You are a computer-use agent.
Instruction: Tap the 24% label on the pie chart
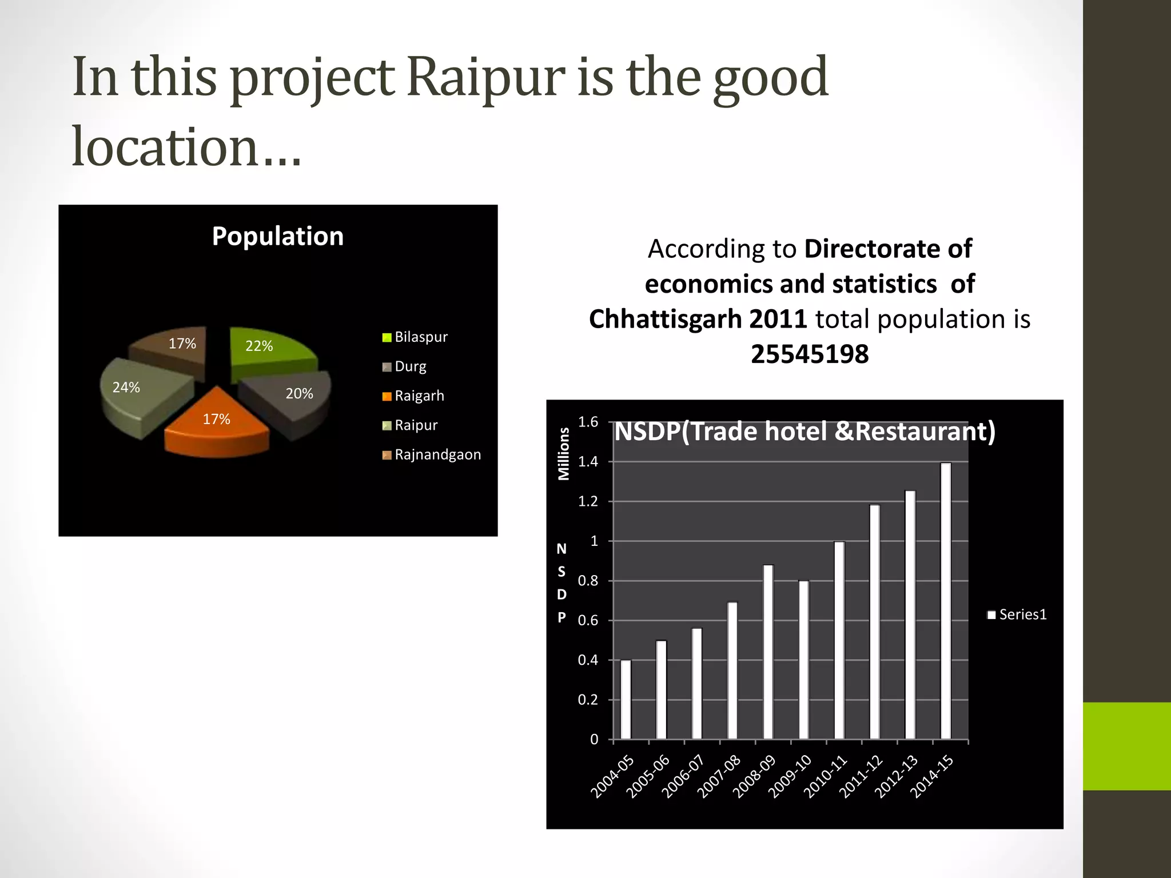click(x=126, y=388)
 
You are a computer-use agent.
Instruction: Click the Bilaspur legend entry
click(x=415, y=337)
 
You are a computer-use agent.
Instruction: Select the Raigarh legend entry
click(x=413, y=396)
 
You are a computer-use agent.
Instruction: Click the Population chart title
click(x=278, y=236)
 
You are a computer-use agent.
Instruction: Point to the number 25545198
click(x=810, y=354)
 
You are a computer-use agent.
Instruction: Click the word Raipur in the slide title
click(x=486, y=77)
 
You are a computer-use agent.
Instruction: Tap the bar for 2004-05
click(x=626, y=700)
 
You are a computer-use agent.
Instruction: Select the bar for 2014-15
click(x=946, y=600)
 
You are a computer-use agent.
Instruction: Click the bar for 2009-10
click(x=804, y=660)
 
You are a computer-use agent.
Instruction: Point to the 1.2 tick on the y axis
click(x=588, y=502)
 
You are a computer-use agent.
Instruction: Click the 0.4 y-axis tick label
click(x=588, y=660)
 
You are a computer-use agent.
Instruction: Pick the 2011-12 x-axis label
click(x=861, y=776)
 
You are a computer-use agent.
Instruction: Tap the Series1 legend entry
click(x=1017, y=614)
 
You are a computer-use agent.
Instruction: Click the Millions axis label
click(x=564, y=454)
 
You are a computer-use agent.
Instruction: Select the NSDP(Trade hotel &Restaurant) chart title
click(x=804, y=432)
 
